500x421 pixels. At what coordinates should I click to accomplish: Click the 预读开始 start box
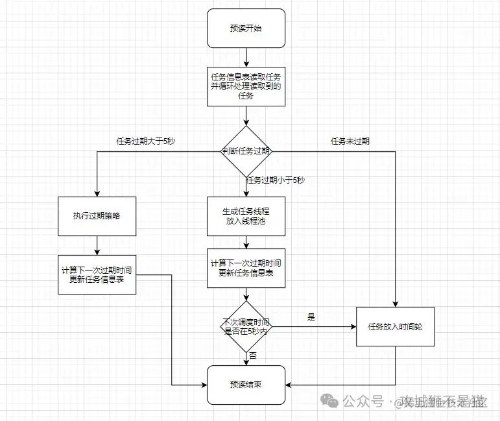(x=246, y=28)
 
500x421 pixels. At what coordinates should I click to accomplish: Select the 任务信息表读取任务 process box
(x=246, y=86)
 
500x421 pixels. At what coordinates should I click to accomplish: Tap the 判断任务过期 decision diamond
(x=246, y=151)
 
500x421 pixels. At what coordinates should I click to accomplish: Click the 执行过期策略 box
(x=97, y=216)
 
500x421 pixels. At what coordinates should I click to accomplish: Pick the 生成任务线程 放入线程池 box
(x=246, y=216)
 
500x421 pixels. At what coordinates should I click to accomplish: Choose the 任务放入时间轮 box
(x=395, y=326)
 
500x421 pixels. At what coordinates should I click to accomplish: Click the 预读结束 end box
(x=246, y=385)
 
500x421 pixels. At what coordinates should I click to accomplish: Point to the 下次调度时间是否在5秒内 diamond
(x=246, y=326)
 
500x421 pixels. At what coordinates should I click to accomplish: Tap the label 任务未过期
(x=350, y=141)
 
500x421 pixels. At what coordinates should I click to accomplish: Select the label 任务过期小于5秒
(x=276, y=180)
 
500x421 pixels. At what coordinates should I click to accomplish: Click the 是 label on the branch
(x=311, y=317)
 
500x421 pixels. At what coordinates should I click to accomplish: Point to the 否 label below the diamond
(x=253, y=356)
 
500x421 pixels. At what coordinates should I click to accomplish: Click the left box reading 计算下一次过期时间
(x=97, y=274)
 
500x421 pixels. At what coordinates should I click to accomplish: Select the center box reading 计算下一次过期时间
(x=246, y=268)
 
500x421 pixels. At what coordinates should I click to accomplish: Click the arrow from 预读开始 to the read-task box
(x=246, y=57)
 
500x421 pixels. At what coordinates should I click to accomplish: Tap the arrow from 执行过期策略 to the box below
(x=97, y=245)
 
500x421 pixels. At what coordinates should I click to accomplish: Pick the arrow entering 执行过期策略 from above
(x=97, y=175)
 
